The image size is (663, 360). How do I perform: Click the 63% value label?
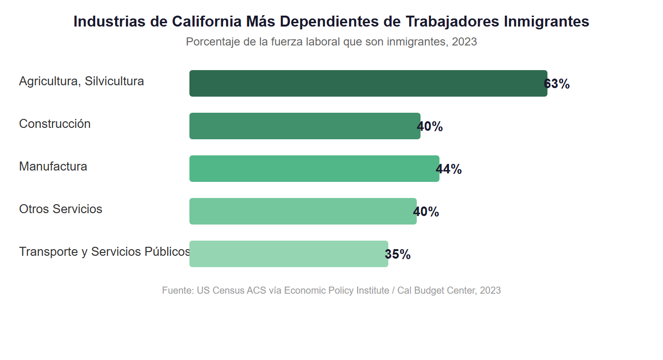pyautogui.click(x=557, y=84)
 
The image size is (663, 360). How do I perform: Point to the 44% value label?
pyautogui.click(x=449, y=169)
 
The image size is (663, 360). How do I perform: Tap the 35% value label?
pyautogui.click(x=398, y=254)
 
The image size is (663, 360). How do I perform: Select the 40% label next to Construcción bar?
pyautogui.click(x=430, y=126)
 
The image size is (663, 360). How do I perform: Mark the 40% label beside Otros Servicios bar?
pyautogui.click(x=426, y=212)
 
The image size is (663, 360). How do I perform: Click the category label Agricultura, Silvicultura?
pyautogui.click(x=81, y=81)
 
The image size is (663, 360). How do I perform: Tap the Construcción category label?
pyautogui.click(x=54, y=124)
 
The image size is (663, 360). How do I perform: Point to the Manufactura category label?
pyautogui.click(x=53, y=166)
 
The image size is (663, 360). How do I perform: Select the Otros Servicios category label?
pyautogui.click(x=61, y=209)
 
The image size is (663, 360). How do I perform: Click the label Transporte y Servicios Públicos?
pyautogui.click(x=104, y=252)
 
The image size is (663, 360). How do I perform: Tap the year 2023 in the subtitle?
pyautogui.click(x=464, y=42)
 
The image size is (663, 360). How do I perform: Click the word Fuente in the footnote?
pyautogui.click(x=178, y=290)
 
